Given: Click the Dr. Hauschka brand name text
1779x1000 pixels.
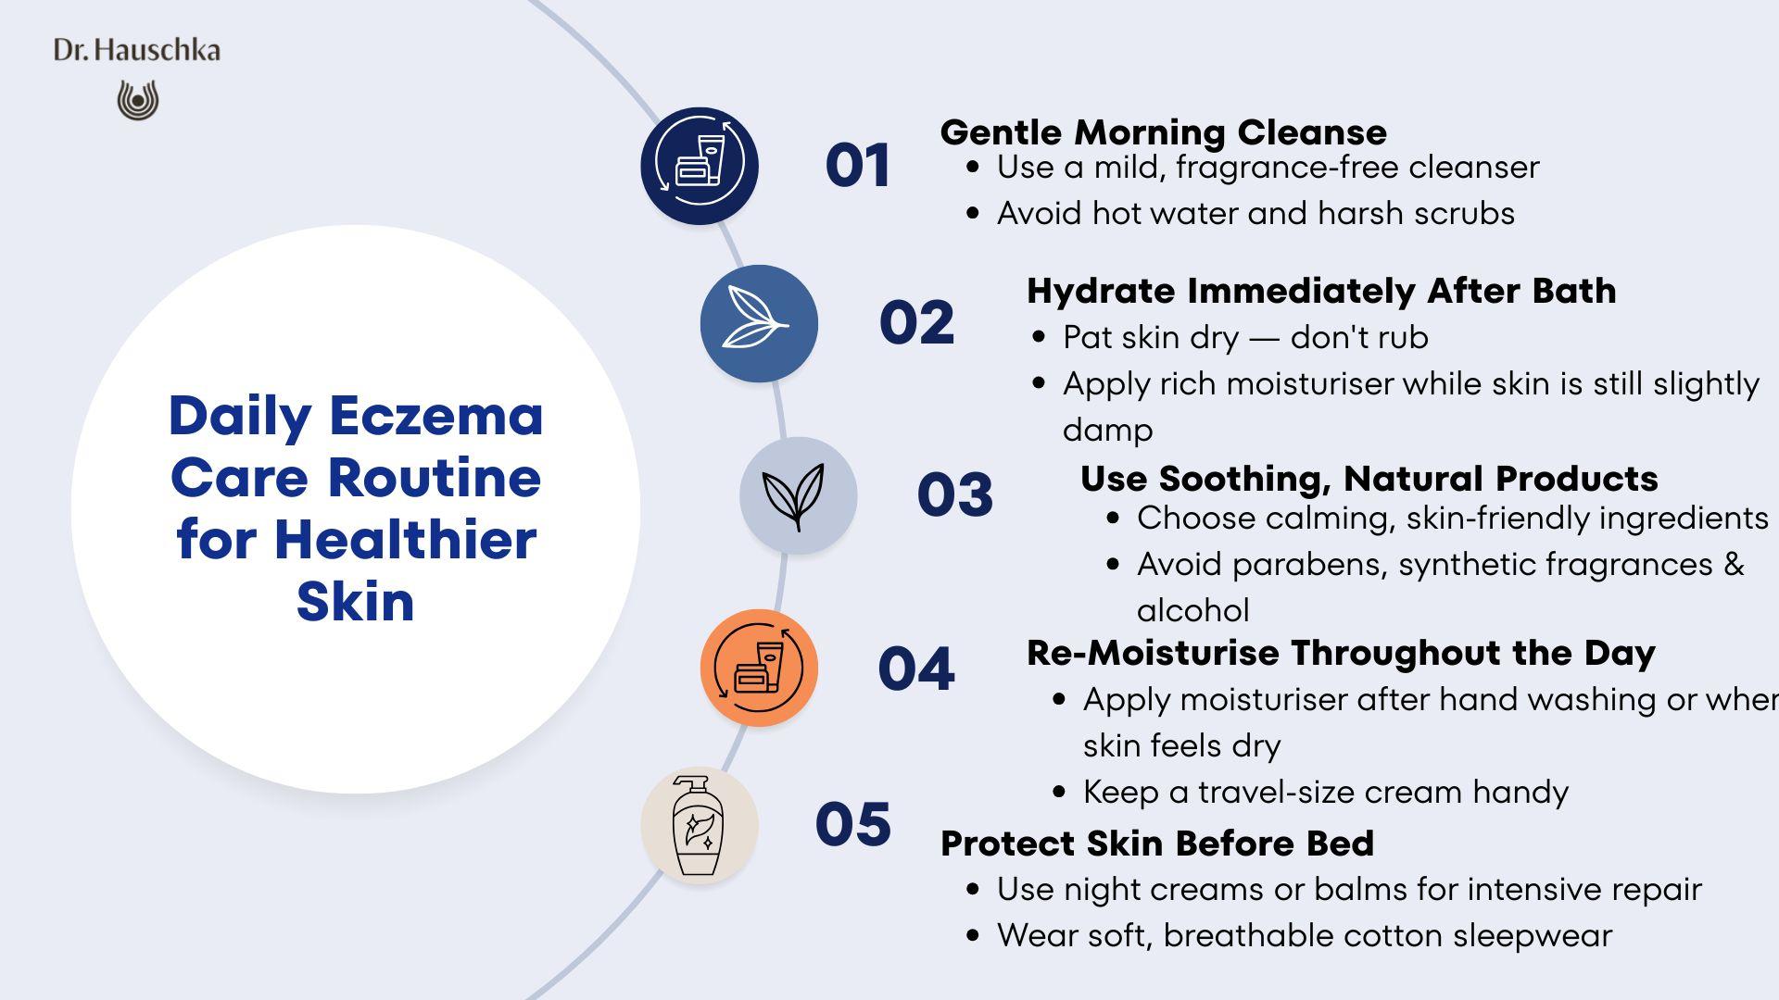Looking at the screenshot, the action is pos(137,50).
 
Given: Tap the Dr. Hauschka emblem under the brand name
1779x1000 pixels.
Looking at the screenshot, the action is pos(138,100).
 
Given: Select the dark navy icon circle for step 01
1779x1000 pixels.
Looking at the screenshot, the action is pos(700,166).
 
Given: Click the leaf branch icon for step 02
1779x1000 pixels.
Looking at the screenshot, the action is pos(756,317).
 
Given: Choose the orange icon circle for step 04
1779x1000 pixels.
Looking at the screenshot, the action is pos(759,668).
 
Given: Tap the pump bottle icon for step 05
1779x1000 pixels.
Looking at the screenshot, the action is pos(698,825).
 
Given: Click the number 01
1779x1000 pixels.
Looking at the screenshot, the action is pos(858,166).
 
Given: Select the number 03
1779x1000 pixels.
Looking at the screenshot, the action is pos(955,494).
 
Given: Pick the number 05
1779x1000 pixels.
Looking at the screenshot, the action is pos(853,824).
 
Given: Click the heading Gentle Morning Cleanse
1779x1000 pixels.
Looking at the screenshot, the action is pos(1164,132).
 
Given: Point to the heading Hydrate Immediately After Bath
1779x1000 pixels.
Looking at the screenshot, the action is pos(1321,291).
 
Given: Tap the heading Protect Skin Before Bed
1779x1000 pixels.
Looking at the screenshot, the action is pos(1157,844).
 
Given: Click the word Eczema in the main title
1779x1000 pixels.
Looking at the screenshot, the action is pos(435,416).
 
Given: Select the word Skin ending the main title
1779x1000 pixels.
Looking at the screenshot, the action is pos(356,602).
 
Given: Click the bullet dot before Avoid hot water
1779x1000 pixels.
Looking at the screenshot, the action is pos(972,213).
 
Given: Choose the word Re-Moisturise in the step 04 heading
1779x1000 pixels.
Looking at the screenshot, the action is pos(1153,653).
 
